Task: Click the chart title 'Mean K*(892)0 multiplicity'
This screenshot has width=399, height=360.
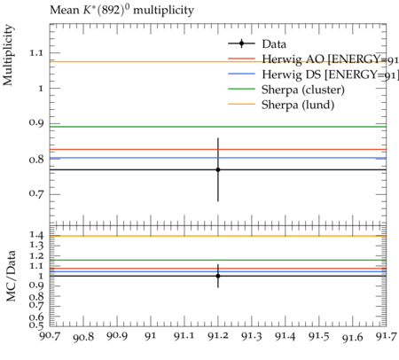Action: [x=121, y=10]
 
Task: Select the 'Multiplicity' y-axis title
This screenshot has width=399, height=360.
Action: [x=8, y=55]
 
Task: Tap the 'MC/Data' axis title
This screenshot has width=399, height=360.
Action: [x=11, y=276]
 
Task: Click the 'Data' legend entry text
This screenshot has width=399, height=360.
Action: [x=274, y=44]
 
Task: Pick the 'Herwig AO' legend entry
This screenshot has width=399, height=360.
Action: [x=330, y=59]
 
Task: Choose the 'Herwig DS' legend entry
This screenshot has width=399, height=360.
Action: [x=330, y=74]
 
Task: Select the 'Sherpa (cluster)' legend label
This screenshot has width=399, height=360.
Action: [x=303, y=90]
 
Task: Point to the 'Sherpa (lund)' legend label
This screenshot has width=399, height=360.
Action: [x=298, y=105]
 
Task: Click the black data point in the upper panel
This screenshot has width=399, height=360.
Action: [x=218, y=169]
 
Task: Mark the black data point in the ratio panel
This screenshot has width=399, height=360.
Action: [x=218, y=276]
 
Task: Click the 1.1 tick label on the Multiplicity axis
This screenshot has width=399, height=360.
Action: [x=36, y=53]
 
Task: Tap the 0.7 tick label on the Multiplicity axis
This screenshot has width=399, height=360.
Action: [x=36, y=193]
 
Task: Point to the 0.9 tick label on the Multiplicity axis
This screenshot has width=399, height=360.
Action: [x=36, y=122]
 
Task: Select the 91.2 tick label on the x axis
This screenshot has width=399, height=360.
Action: [x=218, y=336]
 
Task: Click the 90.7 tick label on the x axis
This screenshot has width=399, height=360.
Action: [x=50, y=336]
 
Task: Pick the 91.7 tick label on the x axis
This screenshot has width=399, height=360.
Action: [x=386, y=336]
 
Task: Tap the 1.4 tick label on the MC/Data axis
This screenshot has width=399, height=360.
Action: [x=36, y=235]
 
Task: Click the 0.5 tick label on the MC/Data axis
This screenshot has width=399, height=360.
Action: [x=36, y=325]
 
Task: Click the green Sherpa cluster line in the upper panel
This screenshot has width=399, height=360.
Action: [x=218, y=127]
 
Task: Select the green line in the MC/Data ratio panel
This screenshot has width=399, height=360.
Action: [x=218, y=260]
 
